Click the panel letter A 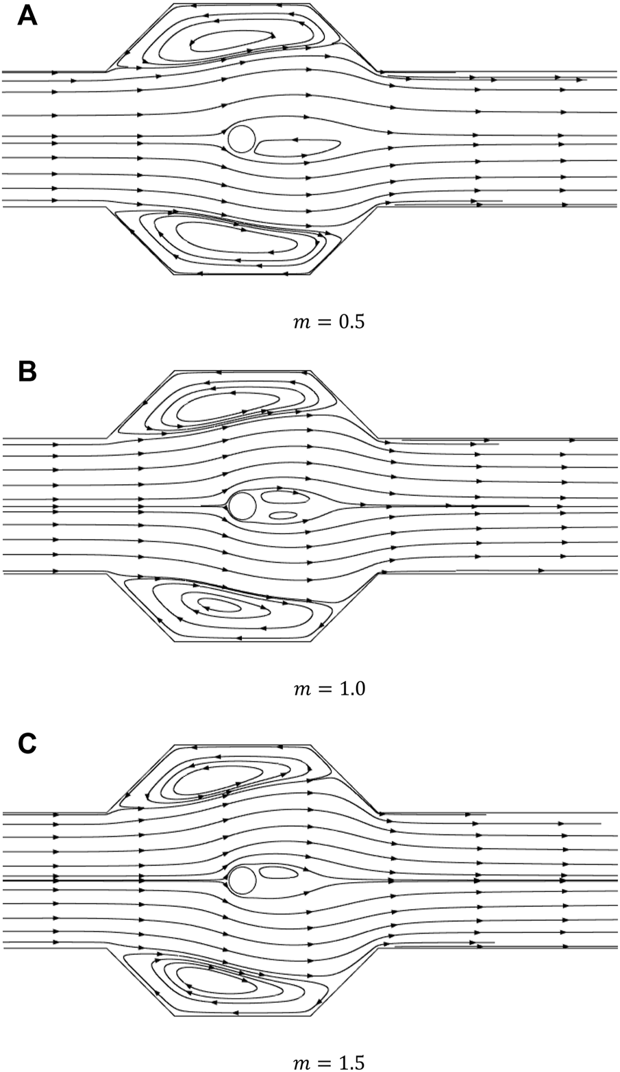tap(27, 15)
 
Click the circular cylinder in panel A tap(241, 138)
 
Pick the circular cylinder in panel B tap(242, 506)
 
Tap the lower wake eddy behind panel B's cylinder tap(282, 514)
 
